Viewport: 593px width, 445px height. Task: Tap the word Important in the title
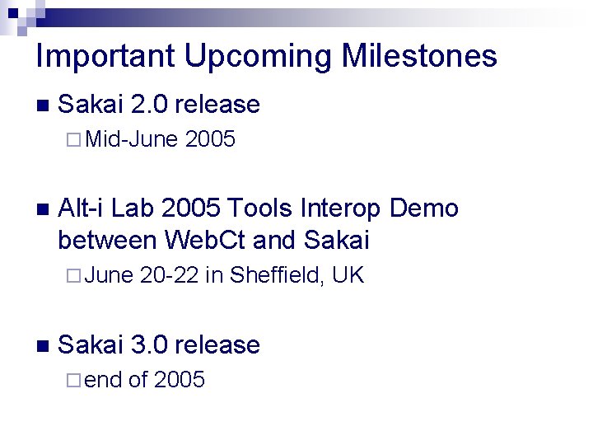tap(106, 57)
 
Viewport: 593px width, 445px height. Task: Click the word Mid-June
tap(132, 140)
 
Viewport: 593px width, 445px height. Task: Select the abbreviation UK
tap(348, 274)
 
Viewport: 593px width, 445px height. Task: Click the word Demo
tap(423, 208)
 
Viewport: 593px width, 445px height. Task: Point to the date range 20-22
tap(170, 274)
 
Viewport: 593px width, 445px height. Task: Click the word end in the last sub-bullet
tap(103, 380)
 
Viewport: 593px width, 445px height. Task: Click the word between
tap(107, 240)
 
